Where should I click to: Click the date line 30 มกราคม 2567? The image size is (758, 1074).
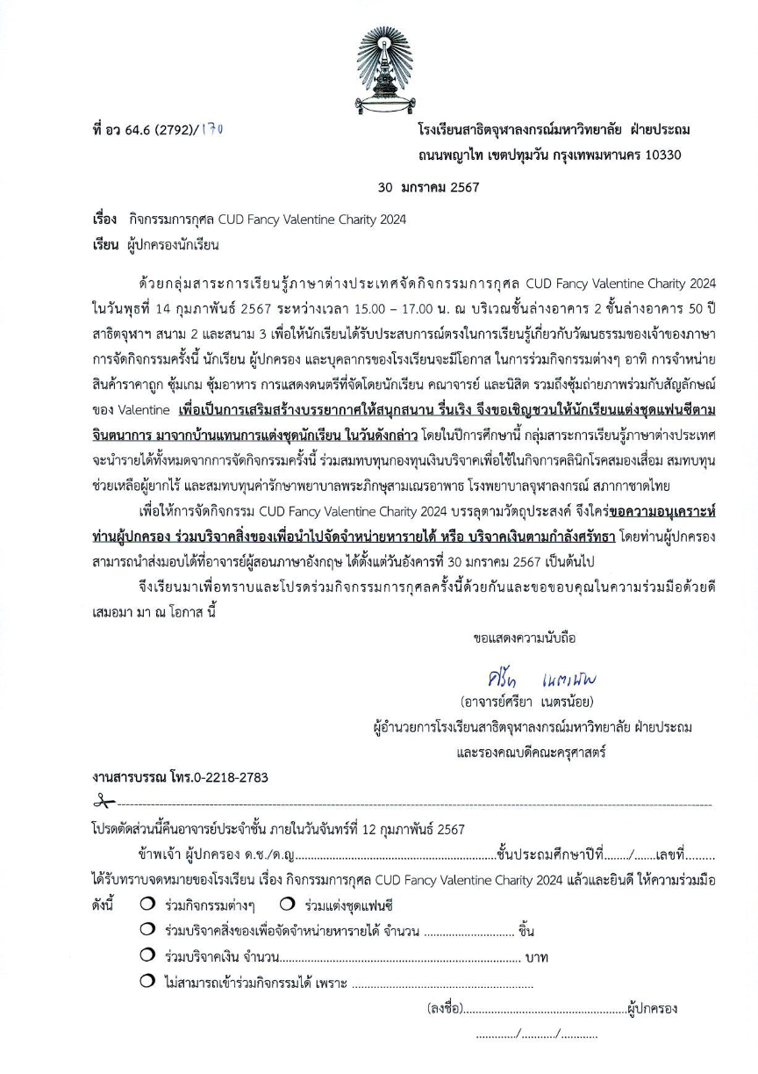(x=429, y=187)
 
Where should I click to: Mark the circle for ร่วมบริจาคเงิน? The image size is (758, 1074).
(x=147, y=956)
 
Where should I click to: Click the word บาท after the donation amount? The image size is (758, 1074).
(x=536, y=957)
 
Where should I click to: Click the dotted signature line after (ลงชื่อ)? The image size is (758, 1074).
(x=546, y=1009)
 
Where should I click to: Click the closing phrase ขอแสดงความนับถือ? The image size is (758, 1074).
(x=524, y=638)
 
